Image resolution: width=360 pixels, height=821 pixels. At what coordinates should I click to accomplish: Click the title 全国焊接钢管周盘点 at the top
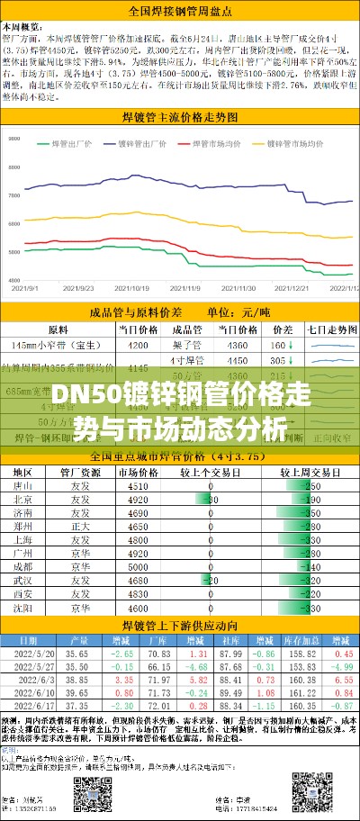pos(180,11)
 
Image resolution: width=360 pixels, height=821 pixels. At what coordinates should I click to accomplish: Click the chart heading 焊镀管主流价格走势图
pos(180,118)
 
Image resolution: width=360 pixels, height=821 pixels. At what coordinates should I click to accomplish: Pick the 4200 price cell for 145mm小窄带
pos(139,346)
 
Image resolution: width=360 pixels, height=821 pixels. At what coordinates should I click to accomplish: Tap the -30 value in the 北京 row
pos(212,499)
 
